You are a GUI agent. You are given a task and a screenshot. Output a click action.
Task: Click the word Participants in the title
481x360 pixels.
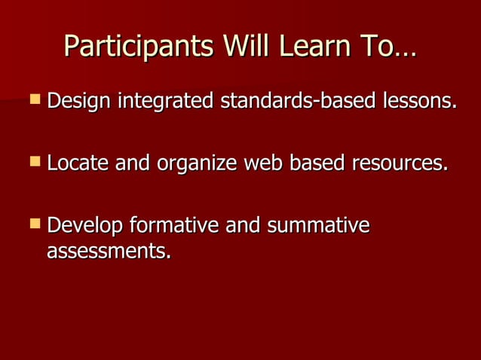(x=133, y=47)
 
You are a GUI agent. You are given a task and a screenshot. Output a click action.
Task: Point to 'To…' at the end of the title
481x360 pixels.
(x=388, y=46)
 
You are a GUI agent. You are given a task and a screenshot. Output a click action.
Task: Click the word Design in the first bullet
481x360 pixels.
(x=78, y=100)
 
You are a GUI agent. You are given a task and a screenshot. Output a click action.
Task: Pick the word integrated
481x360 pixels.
(x=165, y=101)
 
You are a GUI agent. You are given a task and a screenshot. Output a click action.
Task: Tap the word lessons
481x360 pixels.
(x=418, y=100)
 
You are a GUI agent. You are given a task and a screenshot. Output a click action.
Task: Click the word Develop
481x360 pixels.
(x=85, y=226)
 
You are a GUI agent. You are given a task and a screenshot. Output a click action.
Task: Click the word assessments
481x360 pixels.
(x=109, y=251)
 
